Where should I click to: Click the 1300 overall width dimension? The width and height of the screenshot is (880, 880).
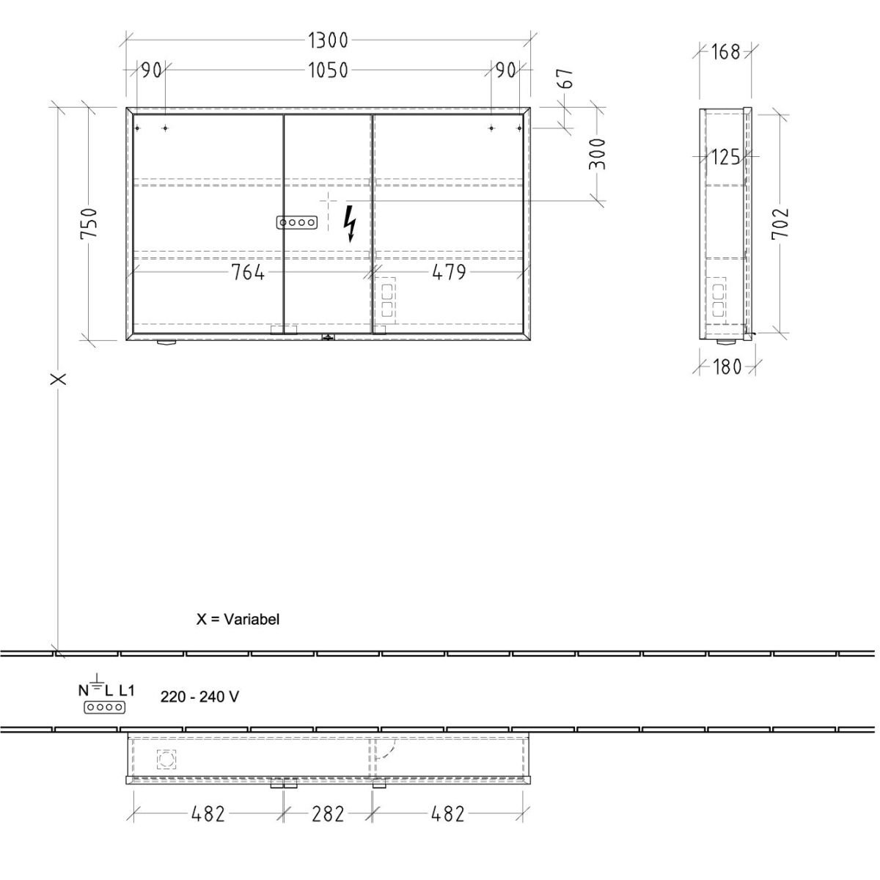328,40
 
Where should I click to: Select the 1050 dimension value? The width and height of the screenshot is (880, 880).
328,70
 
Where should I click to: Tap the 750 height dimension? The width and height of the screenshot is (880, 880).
89,223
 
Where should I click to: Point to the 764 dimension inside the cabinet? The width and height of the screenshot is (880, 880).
248,273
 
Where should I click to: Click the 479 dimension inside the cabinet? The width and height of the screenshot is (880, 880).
449,273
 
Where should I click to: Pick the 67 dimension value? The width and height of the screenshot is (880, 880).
565,78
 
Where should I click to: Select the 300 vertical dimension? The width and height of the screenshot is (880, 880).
597,154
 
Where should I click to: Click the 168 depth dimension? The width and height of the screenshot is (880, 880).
725,52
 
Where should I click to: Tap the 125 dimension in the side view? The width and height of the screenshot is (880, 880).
726,158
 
